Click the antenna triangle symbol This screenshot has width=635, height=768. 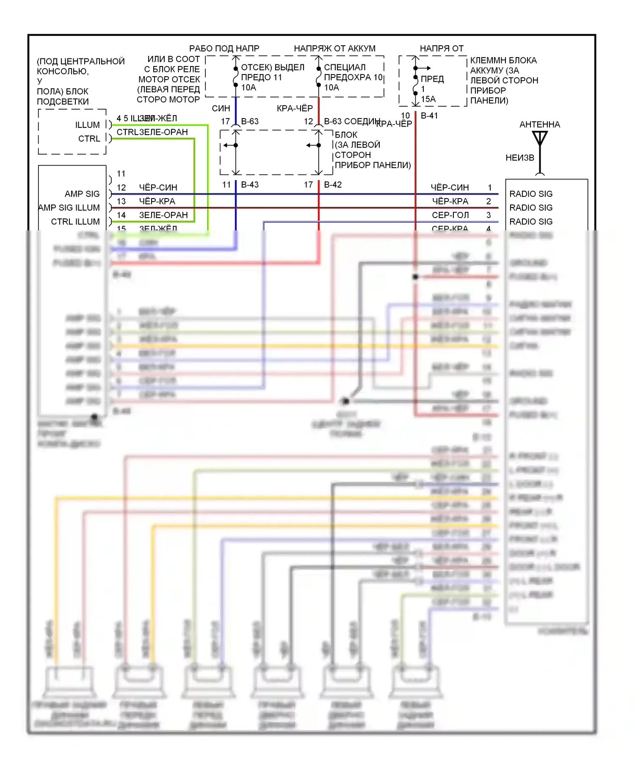[x=540, y=138]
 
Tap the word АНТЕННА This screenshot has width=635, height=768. [x=540, y=124]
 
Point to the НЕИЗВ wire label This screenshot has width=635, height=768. [x=520, y=158]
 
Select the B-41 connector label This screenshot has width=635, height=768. [x=429, y=116]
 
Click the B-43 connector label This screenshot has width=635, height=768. [x=250, y=185]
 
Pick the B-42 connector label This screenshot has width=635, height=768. [x=333, y=185]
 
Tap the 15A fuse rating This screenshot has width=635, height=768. [x=428, y=99]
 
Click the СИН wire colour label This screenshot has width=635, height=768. [x=221, y=109]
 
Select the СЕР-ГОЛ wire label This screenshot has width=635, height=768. [x=450, y=215]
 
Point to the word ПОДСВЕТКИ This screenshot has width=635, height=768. [x=63, y=102]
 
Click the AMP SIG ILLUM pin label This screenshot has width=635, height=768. [x=69, y=208]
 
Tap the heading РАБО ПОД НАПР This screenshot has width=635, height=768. [x=224, y=49]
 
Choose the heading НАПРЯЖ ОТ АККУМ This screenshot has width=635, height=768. [x=334, y=49]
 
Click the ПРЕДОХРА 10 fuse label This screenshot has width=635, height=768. [x=353, y=77]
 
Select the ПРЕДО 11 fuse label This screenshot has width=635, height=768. [x=261, y=77]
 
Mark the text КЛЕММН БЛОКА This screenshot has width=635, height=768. [x=503, y=61]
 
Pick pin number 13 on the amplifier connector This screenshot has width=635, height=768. [x=121, y=202]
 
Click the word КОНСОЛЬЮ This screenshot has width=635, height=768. [x=63, y=71]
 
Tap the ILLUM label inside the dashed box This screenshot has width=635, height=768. [x=88, y=125]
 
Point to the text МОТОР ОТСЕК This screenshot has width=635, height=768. [x=169, y=80]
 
